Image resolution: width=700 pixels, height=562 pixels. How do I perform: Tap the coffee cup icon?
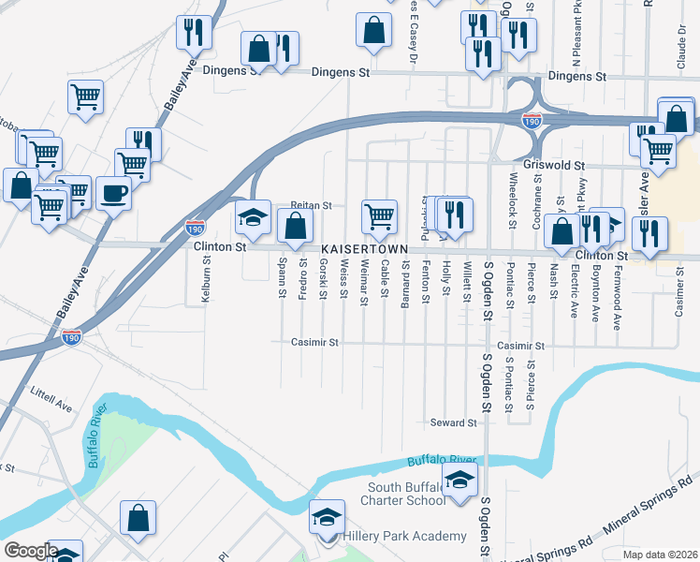pyautogui.click(x=113, y=194)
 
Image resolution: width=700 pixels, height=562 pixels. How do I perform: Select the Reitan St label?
pyautogui.click(x=312, y=205)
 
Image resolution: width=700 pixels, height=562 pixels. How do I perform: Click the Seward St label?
pyautogui.click(x=453, y=423)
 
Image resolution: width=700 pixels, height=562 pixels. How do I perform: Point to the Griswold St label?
pyautogui.click(x=554, y=164)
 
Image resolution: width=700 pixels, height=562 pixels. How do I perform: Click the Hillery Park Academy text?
pyautogui.click(x=404, y=536)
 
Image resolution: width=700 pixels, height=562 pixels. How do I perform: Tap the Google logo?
pyautogui.click(x=31, y=551)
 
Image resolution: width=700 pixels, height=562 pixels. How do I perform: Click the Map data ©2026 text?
pyautogui.click(x=660, y=555)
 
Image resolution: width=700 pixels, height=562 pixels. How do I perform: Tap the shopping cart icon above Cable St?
pyautogui.click(x=379, y=216)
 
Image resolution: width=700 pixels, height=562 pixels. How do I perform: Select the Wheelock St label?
pyautogui.click(x=513, y=200)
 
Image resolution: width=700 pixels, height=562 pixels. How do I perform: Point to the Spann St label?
pyautogui.click(x=282, y=280)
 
